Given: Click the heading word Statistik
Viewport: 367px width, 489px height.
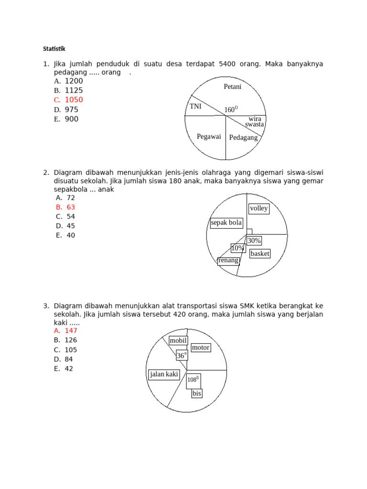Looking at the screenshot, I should tap(54, 49).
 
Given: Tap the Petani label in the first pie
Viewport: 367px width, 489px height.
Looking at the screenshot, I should tap(233, 87).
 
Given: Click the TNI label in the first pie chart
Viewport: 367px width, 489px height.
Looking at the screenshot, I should tap(195, 106).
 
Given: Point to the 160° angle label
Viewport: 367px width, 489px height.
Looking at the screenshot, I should tap(231, 110).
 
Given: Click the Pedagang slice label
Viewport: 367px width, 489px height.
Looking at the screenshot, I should tap(243, 138).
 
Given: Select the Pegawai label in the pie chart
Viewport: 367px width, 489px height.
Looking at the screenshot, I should tap(209, 137).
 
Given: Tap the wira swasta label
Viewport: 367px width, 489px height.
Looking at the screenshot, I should tap(255, 121).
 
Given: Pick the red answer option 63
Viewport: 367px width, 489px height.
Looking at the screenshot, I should tap(71, 207).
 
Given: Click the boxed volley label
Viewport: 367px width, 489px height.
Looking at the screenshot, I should tap(259, 209).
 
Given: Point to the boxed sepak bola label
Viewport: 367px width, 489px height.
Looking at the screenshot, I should tap(227, 223).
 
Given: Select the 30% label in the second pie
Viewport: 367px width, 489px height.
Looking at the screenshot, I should tap(254, 241).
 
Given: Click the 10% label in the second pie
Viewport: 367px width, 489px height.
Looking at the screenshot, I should tap(237, 248).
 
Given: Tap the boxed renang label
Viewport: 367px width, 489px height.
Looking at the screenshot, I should tap(228, 260).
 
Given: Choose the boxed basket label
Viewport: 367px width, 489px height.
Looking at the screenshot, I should tap(260, 254).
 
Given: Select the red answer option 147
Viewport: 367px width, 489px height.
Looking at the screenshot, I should tap(70, 330).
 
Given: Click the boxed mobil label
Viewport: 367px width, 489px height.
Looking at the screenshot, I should tap(178, 340).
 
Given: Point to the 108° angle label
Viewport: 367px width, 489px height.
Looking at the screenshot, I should tap(193, 379).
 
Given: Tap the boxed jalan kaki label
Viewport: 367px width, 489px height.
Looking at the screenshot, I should tap(164, 374).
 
